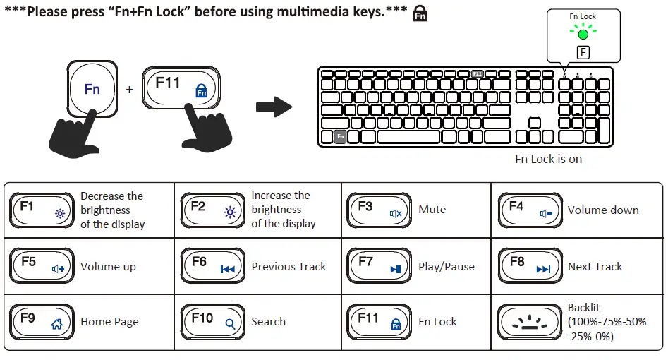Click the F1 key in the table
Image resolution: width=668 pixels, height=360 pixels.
tap(41, 210)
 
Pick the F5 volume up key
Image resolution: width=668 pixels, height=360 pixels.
tap(41, 266)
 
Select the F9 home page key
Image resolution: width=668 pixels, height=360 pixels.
tap(41, 322)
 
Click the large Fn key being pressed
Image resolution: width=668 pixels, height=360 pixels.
tap(93, 90)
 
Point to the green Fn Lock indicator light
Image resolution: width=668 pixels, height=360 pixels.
tap(583, 33)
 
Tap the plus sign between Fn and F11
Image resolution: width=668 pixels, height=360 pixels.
tap(129, 90)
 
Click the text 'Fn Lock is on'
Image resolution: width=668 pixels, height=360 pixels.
tap(548, 159)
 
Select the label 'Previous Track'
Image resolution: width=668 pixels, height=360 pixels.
tap(289, 267)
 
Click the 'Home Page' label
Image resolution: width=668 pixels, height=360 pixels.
tap(109, 322)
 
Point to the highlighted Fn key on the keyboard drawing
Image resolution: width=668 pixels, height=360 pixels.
tap(340, 136)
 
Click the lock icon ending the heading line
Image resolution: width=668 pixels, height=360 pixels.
tap(420, 14)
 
